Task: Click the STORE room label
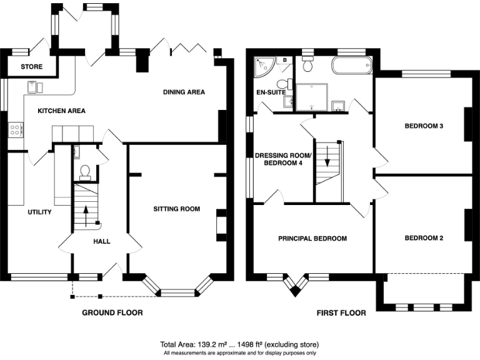pyautogui.click(x=31, y=66)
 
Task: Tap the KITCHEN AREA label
pyautogui.click(x=61, y=111)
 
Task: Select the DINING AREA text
pyautogui.click(x=184, y=92)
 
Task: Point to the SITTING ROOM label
pyautogui.click(x=177, y=209)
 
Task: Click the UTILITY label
pyautogui.click(x=39, y=212)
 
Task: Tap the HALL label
pyautogui.click(x=102, y=241)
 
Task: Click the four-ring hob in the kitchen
pyautogui.click(x=16, y=129)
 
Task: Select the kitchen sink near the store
pyautogui.click(x=35, y=87)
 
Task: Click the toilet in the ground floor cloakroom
pyautogui.click(x=84, y=172)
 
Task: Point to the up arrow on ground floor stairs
pyautogui.click(x=86, y=216)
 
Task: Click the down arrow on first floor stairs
pyautogui.click(x=327, y=156)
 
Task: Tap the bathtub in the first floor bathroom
pyautogui.click(x=352, y=65)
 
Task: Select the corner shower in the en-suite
pyautogui.click(x=264, y=67)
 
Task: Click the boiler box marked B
pyautogui.click(x=285, y=60)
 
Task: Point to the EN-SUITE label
pyautogui.click(x=271, y=92)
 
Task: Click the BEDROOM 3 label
pyautogui.click(x=424, y=126)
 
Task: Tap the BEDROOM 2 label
pyautogui.click(x=424, y=238)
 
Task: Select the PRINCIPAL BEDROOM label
pyautogui.click(x=312, y=239)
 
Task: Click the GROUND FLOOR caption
pyautogui.click(x=112, y=312)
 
